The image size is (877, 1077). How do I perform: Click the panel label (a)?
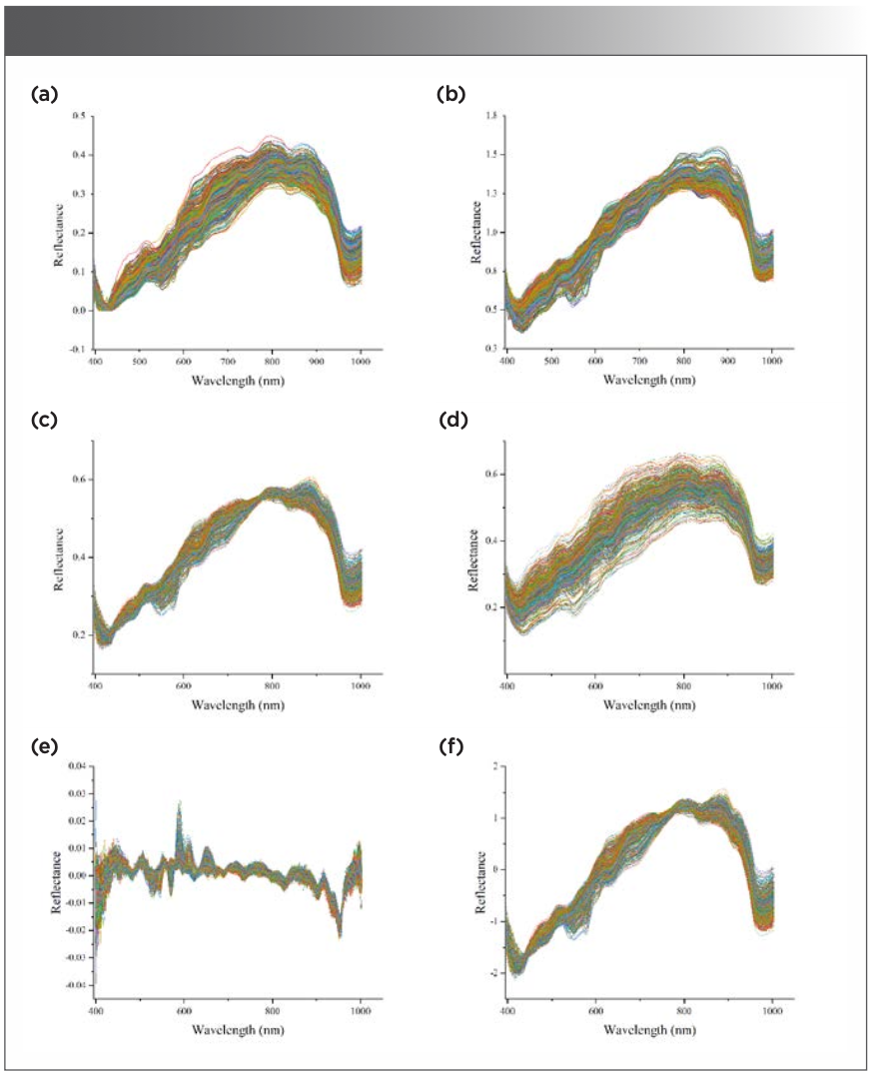click(46, 95)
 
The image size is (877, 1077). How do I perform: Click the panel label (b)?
click(450, 95)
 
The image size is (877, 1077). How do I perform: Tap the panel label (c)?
click(46, 420)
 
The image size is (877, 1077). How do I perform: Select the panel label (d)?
click(450, 420)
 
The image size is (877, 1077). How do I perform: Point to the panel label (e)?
click(46, 745)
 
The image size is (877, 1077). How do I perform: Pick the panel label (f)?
click(450, 745)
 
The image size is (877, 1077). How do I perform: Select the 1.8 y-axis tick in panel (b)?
click(490, 117)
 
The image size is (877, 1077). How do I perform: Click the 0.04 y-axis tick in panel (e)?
click(76, 766)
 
